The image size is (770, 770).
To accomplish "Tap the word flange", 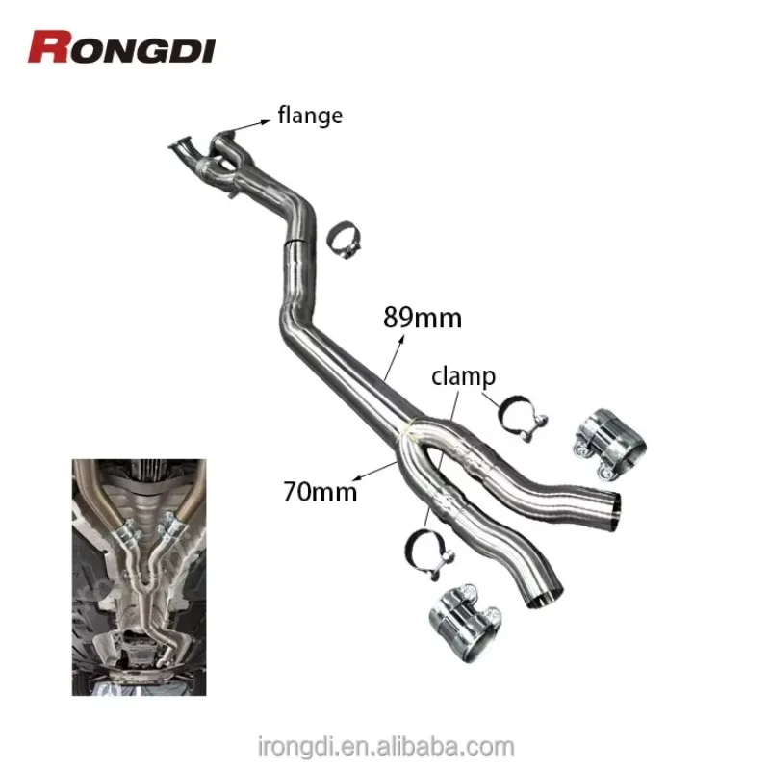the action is [309, 116].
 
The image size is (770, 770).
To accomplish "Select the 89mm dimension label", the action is [423, 317].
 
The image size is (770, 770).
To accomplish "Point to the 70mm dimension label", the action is [321, 491].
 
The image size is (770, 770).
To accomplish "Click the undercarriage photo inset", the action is [139, 577].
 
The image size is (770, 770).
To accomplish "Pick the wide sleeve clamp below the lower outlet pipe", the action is [462, 612].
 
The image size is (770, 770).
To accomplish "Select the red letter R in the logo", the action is [47, 46].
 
